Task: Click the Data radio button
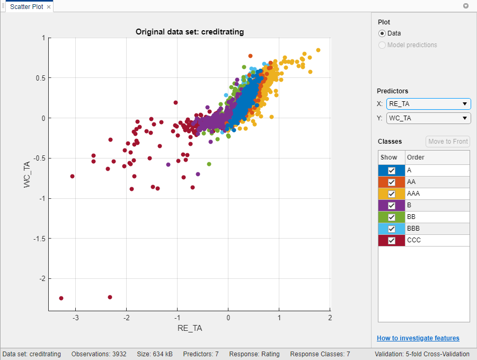(382, 33)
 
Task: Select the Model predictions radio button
(382, 45)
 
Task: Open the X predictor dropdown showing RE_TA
(428, 104)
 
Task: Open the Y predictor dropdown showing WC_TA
(428, 118)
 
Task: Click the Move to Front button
(448, 142)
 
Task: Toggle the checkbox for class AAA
(392, 194)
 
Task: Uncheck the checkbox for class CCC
(392, 241)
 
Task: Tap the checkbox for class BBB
(392, 229)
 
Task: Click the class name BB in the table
(411, 217)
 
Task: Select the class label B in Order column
(409, 206)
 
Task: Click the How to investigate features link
(418, 338)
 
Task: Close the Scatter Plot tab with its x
(49, 7)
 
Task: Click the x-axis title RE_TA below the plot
(189, 328)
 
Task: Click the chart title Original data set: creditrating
(189, 32)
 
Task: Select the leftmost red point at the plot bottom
(61, 298)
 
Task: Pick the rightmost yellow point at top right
(318, 50)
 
